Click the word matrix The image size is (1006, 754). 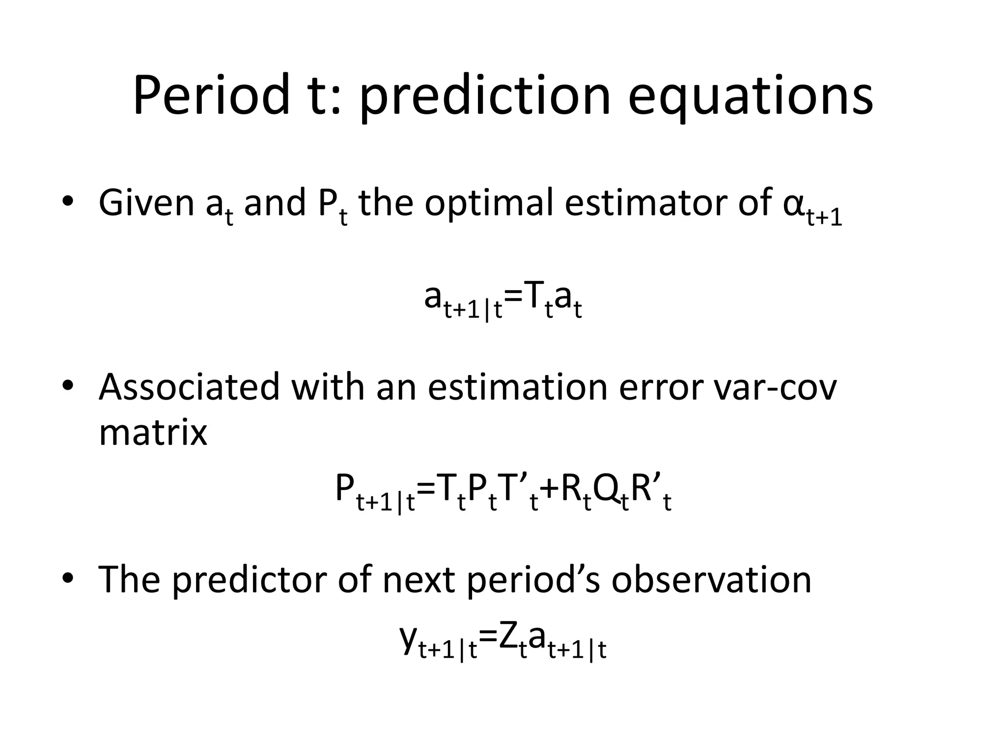153,432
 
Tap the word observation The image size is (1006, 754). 711,579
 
